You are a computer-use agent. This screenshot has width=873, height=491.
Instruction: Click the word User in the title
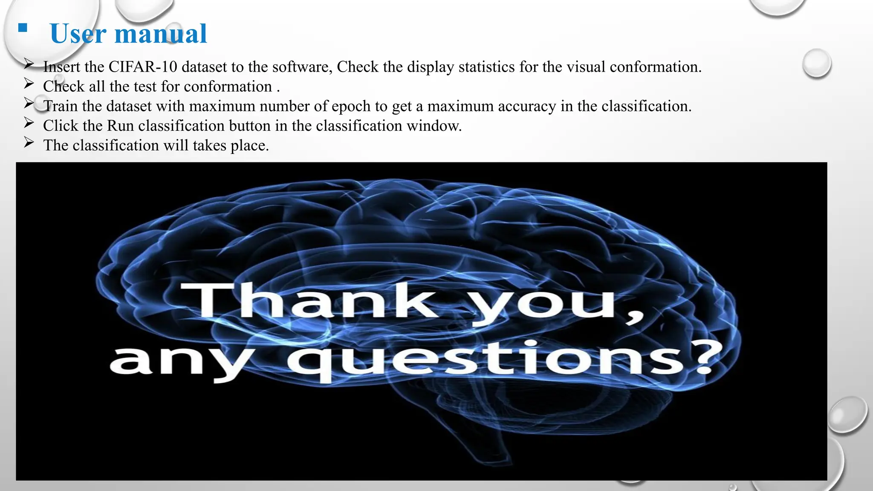coord(78,34)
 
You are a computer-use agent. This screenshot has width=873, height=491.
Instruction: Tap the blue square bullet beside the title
coord(23,29)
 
